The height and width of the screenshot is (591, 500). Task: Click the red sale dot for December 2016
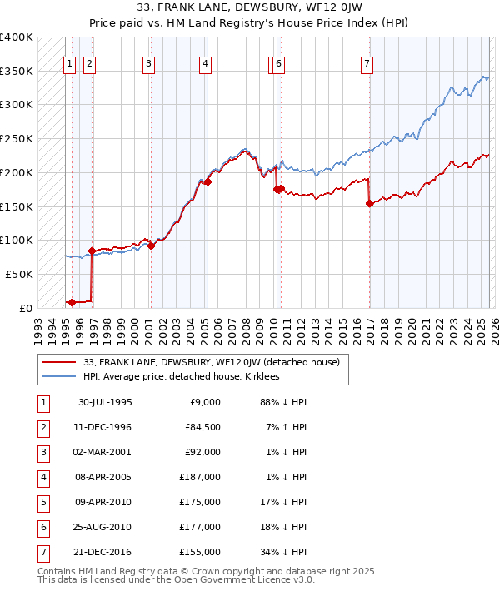369,203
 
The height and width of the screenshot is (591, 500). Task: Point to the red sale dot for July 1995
72,302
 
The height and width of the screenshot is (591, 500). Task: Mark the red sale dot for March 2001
151,246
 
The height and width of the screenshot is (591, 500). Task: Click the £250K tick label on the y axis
16,138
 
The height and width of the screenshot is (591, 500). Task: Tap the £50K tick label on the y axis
18,274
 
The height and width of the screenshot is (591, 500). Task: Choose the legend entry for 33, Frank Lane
211,362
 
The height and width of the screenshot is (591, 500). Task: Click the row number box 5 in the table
42,501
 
